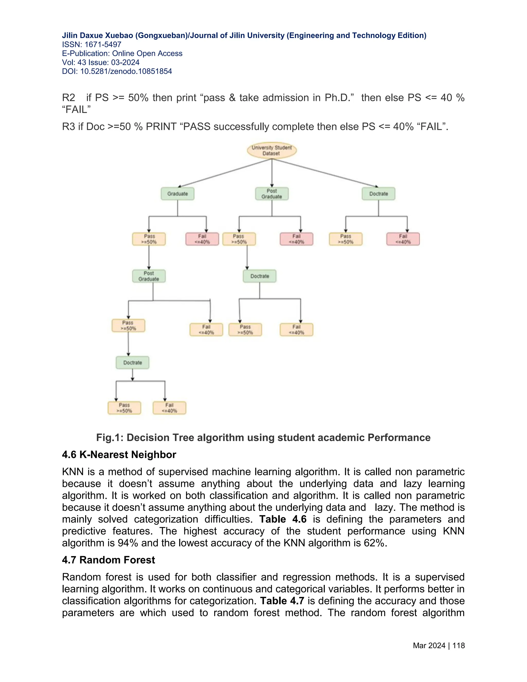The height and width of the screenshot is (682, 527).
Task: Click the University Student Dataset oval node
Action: tap(272, 151)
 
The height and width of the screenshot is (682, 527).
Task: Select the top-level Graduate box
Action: tap(177, 194)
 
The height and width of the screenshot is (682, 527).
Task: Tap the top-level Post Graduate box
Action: tap(272, 194)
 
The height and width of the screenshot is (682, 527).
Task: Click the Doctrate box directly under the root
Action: tap(378, 194)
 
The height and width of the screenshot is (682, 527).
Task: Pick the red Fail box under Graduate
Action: tap(202, 239)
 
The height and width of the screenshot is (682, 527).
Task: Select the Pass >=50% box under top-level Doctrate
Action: tap(346, 239)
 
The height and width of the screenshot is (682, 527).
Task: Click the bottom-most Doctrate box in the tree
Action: tap(132, 363)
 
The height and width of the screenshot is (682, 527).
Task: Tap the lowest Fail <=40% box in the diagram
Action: tap(169, 408)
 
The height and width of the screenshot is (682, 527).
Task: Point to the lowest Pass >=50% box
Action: tap(124, 408)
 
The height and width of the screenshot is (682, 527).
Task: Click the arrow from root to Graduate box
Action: tap(225, 173)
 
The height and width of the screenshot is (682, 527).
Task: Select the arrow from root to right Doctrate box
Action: tap(325, 173)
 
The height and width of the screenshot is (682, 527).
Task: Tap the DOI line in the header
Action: tap(117, 72)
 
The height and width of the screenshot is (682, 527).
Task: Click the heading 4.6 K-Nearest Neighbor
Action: tap(119, 455)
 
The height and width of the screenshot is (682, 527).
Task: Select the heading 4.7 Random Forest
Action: tap(108, 560)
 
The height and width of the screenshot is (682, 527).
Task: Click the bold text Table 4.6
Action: tap(283, 519)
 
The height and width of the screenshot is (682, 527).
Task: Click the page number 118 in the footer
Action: tap(458, 645)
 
